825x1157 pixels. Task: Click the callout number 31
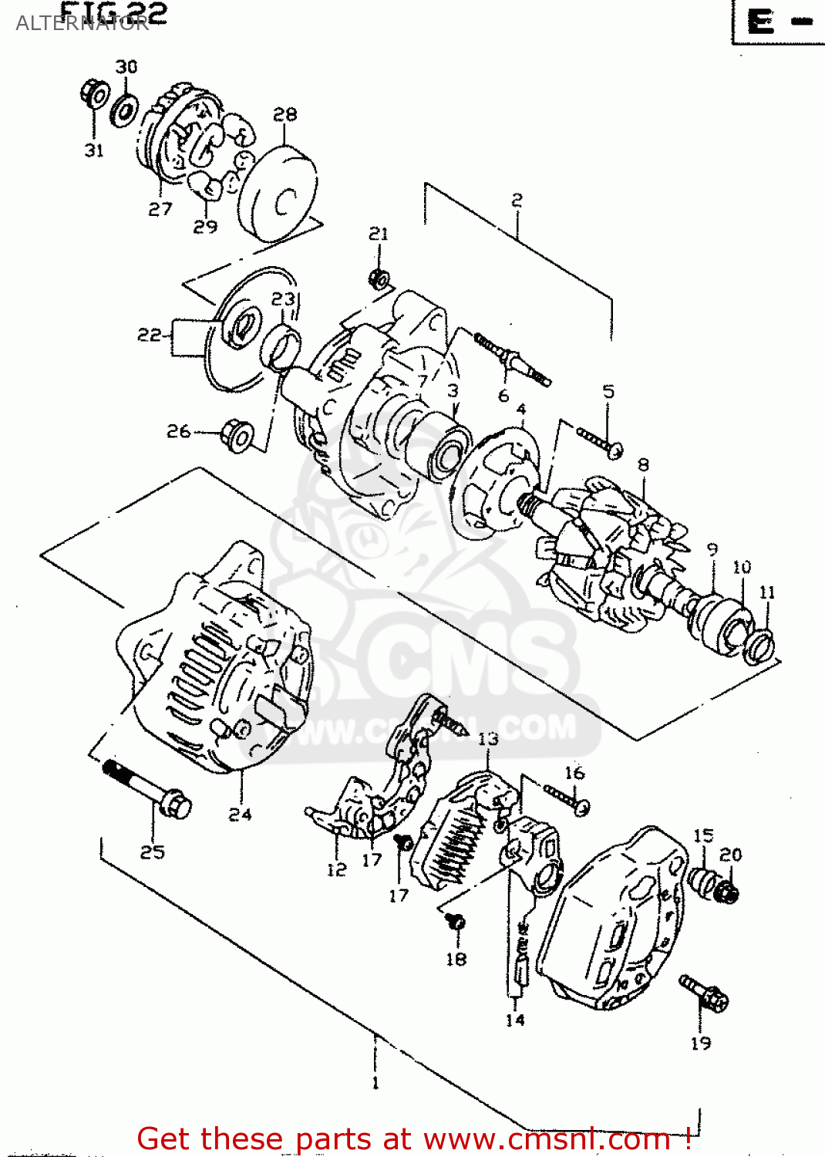[94, 150]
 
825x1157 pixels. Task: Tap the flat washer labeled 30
[123, 110]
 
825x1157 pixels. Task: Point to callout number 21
[379, 234]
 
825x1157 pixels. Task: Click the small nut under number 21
[378, 278]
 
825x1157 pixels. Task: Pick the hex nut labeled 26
[237, 436]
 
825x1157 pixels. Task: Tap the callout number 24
[240, 815]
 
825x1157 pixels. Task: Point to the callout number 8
[643, 465]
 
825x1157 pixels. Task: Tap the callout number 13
[488, 739]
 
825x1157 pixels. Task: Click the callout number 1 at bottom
[375, 1083]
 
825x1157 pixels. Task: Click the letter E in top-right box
[761, 22]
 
